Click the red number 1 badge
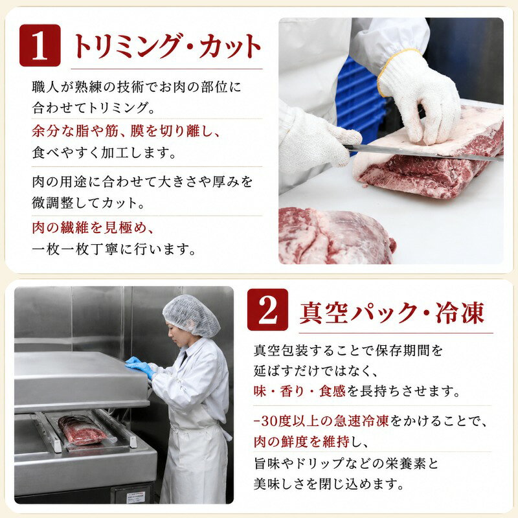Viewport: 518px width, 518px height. tap(40, 45)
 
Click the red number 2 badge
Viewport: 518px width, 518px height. tap(267, 310)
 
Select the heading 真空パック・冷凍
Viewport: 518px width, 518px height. tap(392, 312)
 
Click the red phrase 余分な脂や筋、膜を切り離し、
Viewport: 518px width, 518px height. tap(126, 131)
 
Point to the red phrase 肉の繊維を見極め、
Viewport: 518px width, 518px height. tap(93, 228)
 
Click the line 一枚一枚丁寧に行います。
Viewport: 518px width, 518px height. tap(115, 249)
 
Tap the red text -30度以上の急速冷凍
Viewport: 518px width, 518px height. tap(322, 420)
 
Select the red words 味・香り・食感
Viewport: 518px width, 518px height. tap(299, 391)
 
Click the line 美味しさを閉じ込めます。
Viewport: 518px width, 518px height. tap(329, 484)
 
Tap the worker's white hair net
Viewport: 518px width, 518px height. tap(191, 315)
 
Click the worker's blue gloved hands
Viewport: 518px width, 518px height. tap(140, 366)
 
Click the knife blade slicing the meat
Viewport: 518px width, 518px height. tap(423, 153)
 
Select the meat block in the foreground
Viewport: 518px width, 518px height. tap(336, 236)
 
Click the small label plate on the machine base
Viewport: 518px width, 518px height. tap(136, 497)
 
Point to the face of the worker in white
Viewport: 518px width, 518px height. tap(175, 333)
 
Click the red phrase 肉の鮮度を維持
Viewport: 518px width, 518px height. tap(302, 442)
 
